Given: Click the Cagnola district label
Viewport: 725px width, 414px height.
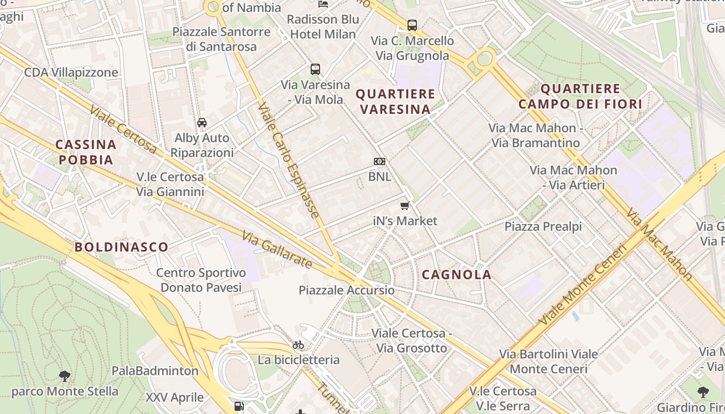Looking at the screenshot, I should tap(456, 275).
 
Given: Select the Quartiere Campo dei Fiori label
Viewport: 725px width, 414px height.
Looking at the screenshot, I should tap(580, 97).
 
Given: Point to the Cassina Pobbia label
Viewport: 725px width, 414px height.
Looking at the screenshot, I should tap(85, 152).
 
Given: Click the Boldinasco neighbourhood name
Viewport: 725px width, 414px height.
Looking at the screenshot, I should tap(122, 247).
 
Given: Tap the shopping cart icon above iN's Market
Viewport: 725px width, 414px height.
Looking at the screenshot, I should tap(405, 206).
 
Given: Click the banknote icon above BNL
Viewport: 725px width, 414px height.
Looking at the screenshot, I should tap(380, 161).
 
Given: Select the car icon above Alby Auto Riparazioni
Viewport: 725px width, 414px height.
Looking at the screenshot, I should tap(202, 123).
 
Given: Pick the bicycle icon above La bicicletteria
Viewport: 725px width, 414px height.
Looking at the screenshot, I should tap(298, 345).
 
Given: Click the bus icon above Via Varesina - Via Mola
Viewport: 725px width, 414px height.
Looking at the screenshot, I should tap(315, 69).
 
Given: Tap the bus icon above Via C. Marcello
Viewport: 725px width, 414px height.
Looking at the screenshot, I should tap(412, 25).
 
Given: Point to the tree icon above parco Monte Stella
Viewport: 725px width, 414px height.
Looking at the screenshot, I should tap(65, 376).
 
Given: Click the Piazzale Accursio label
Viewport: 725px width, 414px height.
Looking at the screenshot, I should tap(346, 290).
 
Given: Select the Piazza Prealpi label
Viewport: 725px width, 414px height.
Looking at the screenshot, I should tap(543, 227).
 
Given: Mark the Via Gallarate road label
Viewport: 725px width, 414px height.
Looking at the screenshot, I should tap(277, 250).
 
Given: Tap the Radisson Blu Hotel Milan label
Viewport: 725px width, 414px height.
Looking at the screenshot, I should tap(323, 27).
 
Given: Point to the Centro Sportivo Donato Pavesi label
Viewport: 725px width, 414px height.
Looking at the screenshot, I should tap(201, 280).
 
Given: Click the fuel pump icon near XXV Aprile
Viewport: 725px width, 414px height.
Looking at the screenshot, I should tap(239, 406).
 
